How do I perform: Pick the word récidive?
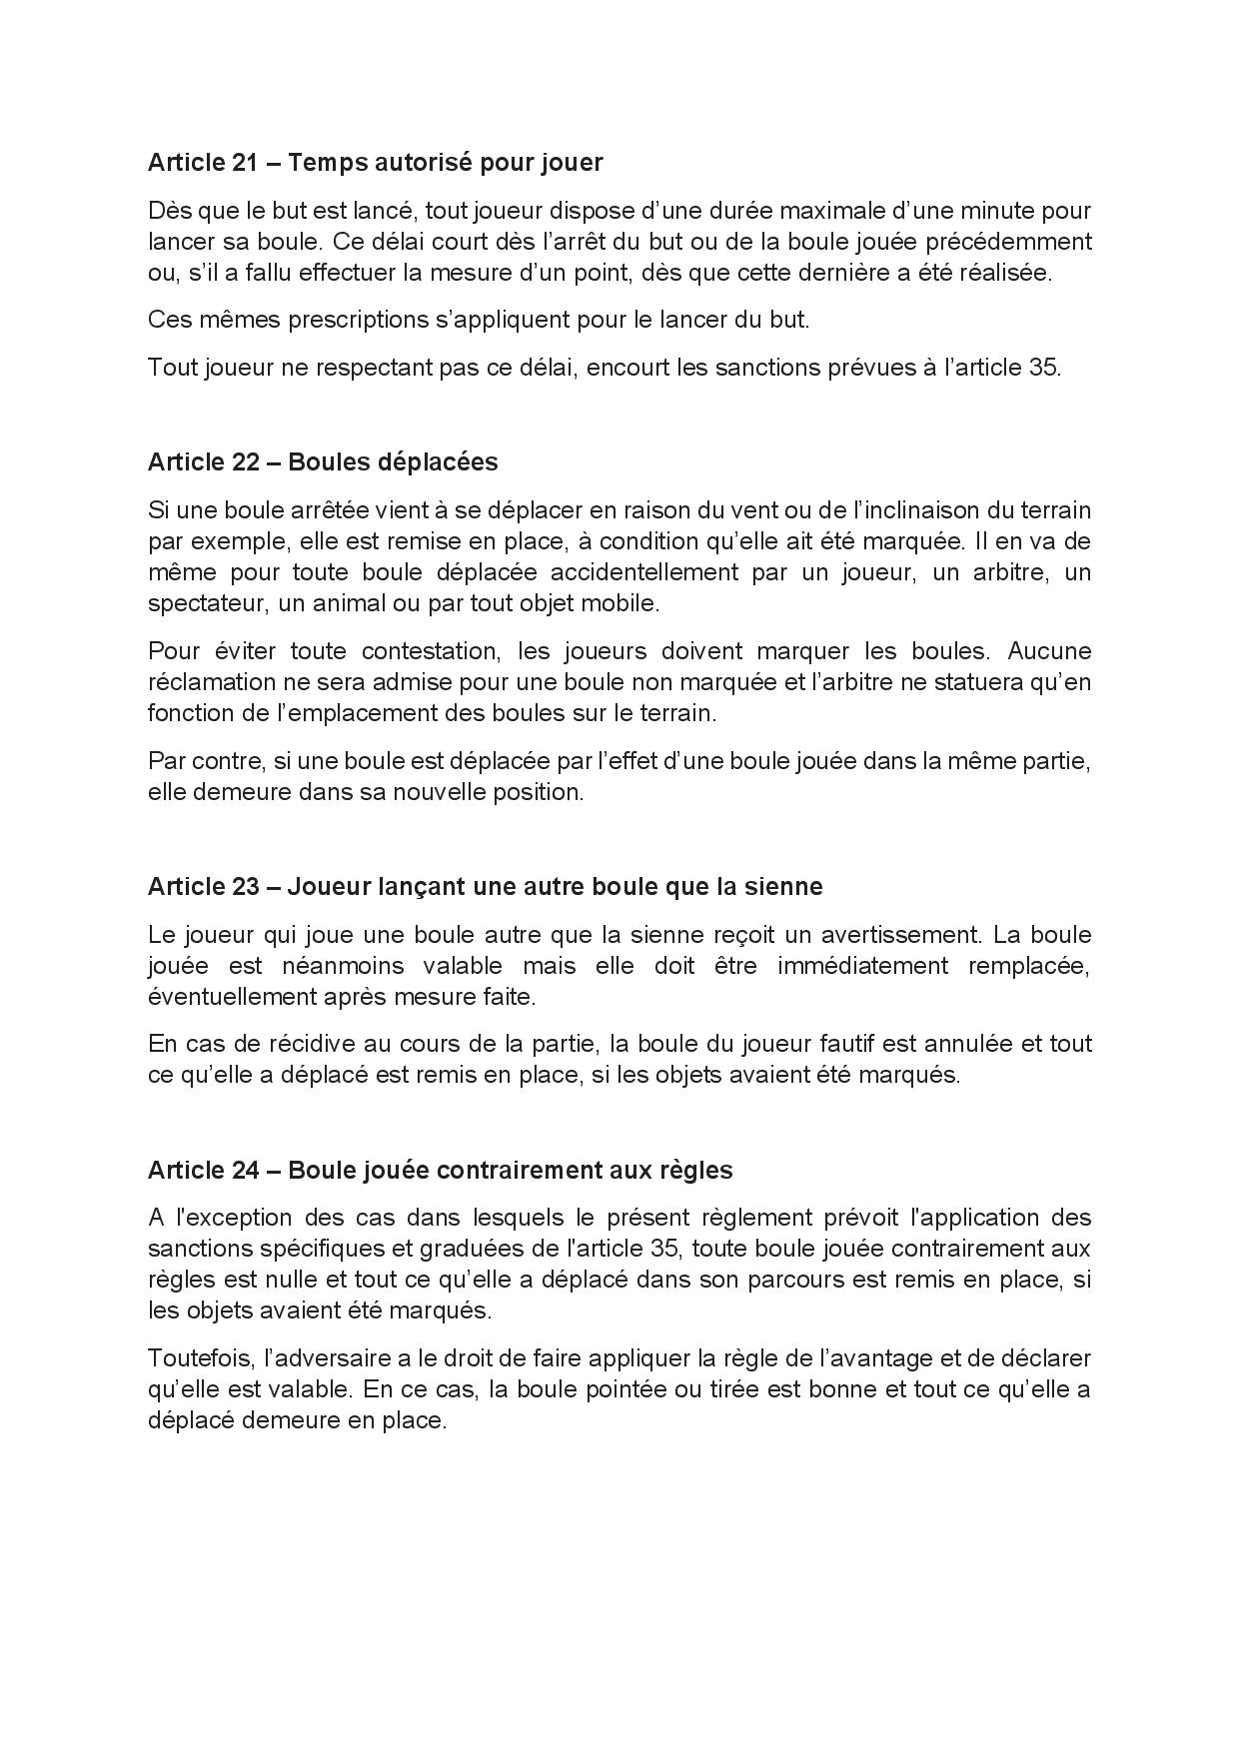(x=264, y=1044)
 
